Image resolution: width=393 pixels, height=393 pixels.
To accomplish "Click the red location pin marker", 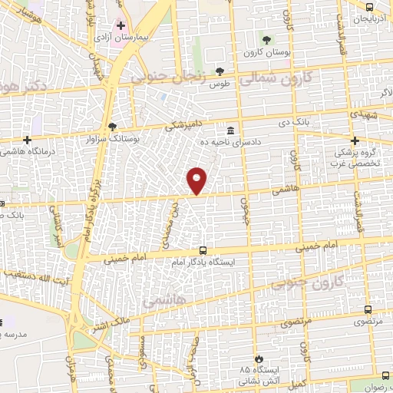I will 197,180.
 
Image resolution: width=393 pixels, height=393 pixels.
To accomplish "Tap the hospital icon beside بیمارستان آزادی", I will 121,26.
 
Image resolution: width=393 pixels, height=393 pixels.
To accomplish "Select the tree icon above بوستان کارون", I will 266,40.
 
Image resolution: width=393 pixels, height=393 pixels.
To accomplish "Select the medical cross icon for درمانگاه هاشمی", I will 28,140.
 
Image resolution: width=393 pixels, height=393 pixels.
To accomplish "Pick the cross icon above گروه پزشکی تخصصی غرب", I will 355,140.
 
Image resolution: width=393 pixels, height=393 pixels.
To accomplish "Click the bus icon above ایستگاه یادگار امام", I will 203,250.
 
